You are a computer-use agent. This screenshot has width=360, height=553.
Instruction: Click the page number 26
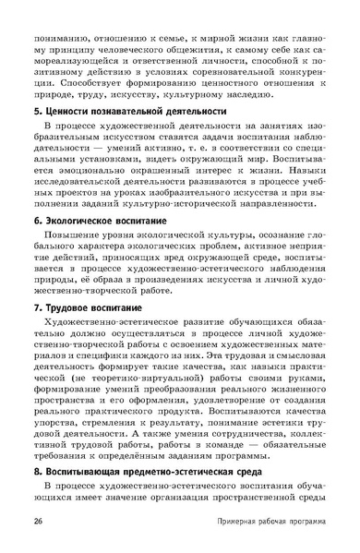tap(36, 523)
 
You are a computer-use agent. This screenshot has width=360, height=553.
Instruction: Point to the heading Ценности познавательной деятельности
tap(128, 111)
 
